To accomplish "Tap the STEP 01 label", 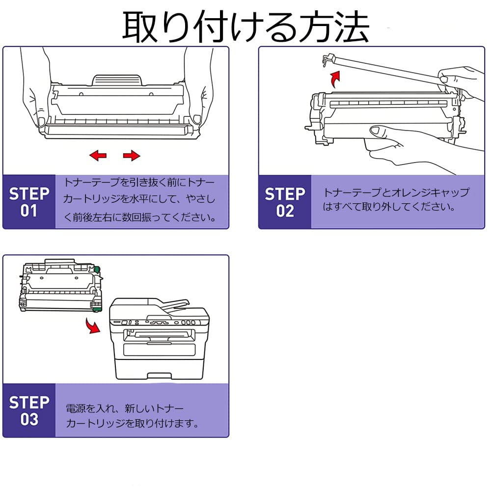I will tap(29, 202).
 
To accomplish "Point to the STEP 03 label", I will tap(29, 410).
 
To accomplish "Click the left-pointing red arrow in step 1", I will tap(98, 156).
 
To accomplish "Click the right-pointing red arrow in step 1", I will tap(131, 156).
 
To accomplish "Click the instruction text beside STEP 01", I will tap(140, 200).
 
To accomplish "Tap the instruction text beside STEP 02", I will tap(395, 199).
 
